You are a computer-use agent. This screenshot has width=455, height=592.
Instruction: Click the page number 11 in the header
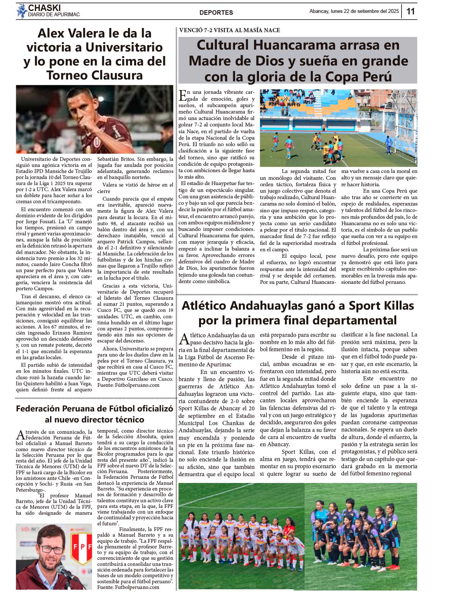tap(411, 11)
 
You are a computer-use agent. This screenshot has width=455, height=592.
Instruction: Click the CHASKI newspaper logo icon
tap(22, 11)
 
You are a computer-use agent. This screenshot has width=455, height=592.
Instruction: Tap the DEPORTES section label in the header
tap(216, 12)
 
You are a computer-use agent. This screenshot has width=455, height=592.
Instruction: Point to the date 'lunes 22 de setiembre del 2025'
tap(365, 11)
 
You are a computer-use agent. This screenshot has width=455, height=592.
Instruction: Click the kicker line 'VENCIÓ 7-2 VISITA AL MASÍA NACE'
tap(229, 30)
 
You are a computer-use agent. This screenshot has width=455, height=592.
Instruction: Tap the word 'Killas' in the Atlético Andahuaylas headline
tap(396, 305)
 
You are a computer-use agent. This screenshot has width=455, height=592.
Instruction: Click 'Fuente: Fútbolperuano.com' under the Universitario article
tap(129, 385)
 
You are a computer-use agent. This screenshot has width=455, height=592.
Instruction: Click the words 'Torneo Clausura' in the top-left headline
tap(94, 75)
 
